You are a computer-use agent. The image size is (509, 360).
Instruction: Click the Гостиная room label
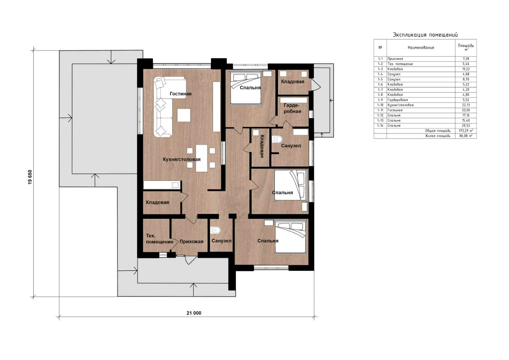coord(181,94)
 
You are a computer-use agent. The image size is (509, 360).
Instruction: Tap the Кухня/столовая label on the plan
coord(182,159)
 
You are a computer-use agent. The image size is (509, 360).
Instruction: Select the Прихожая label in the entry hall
coord(191,242)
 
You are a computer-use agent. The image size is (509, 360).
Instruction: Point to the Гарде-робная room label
coord(292,108)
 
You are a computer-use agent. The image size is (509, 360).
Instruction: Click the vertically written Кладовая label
coord(262,146)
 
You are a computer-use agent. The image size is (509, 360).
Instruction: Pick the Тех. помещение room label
coord(160,239)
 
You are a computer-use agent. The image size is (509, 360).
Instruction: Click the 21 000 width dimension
coord(194,313)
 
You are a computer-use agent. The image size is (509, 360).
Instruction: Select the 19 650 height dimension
coord(30,177)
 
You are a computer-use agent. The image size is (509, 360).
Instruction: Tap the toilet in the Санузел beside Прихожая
coord(215,230)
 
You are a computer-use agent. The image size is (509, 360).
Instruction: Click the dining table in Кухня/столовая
coord(202,158)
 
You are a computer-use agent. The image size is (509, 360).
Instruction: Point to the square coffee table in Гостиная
coord(184,115)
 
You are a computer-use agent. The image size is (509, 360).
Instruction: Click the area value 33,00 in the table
coord(466,110)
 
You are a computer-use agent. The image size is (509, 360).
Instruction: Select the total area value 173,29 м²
coord(466,131)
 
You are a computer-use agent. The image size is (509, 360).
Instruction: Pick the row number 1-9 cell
coord(380,100)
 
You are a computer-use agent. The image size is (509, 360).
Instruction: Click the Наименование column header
coord(421,47)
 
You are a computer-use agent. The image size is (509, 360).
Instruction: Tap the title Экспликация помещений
coord(425,35)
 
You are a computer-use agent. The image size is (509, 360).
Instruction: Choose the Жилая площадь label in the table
coord(438,136)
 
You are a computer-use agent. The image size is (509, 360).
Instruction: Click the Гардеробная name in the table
coord(398,100)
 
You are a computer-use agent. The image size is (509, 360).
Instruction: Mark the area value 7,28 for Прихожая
coord(466,59)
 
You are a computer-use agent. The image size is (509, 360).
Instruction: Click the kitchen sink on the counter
coord(175,185)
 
